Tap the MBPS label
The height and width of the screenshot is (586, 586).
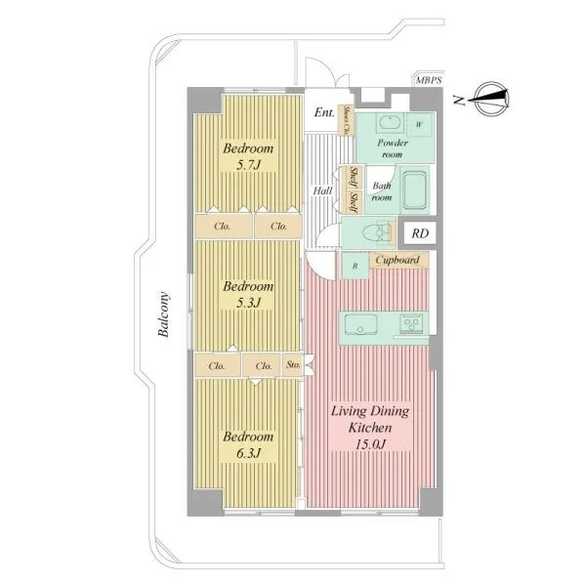coord(429,80)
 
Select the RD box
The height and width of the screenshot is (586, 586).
coord(420,233)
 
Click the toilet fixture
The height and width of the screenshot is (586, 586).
coord(379,232)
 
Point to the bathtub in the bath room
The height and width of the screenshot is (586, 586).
coord(415,190)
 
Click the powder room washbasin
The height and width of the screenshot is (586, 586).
coord(391,122)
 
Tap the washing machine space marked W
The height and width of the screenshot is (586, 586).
coord(420,125)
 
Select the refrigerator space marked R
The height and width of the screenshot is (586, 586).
coord(356,266)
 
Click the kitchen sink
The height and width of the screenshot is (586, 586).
coord(360,323)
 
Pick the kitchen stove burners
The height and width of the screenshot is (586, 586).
coord(411,323)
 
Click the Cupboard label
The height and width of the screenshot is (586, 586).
coord(398,260)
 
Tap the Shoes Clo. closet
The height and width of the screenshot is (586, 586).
coord(347,120)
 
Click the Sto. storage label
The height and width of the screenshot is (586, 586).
coord(293,364)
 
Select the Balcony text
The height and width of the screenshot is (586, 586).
coord(163,314)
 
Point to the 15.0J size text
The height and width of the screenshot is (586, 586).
coord(370,444)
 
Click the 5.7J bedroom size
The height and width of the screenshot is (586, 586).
coord(248,164)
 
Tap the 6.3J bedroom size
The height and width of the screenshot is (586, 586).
coord(248,453)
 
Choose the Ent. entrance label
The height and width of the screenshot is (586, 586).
coord(324,111)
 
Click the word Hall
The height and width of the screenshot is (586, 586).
coord(322,190)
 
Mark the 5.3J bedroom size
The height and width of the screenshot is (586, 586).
coord(248,303)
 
